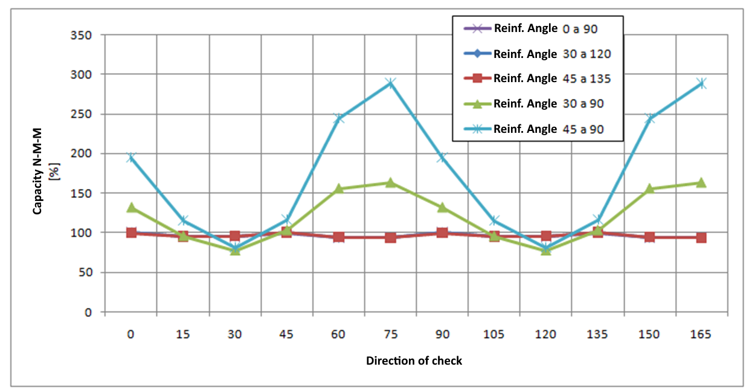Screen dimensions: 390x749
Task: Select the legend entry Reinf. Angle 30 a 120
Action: pyautogui.click(x=538, y=54)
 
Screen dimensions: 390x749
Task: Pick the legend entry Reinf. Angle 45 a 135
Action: pyautogui.click(x=538, y=78)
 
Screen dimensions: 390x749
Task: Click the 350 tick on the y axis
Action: pyautogui.click(x=80, y=35)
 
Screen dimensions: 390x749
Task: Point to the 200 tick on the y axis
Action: pyautogui.click(x=80, y=154)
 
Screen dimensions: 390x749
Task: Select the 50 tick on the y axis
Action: pyautogui.click(x=84, y=273)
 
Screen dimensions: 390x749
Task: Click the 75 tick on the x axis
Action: pyautogui.click(x=390, y=334)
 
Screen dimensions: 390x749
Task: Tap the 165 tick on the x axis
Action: pyautogui.click(x=701, y=334)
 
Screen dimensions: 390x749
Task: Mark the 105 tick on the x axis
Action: pyautogui.click(x=494, y=334)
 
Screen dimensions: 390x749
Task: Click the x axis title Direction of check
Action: pyautogui.click(x=414, y=361)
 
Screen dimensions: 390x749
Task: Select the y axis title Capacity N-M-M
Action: pyautogui.click(x=38, y=174)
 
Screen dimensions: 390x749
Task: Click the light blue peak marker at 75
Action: pyautogui.click(x=390, y=83)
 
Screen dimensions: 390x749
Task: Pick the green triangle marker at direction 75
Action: pyautogui.click(x=390, y=182)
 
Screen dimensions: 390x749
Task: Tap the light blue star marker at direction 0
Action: pyautogui.click(x=131, y=158)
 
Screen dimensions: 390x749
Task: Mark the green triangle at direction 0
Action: pyautogui.click(x=131, y=207)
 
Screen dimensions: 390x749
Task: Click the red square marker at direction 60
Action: pyautogui.click(x=338, y=237)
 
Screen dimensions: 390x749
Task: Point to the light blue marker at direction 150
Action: pyautogui.click(x=649, y=118)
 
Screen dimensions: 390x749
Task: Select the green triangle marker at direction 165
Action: pyautogui.click(x=701, y=182)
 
